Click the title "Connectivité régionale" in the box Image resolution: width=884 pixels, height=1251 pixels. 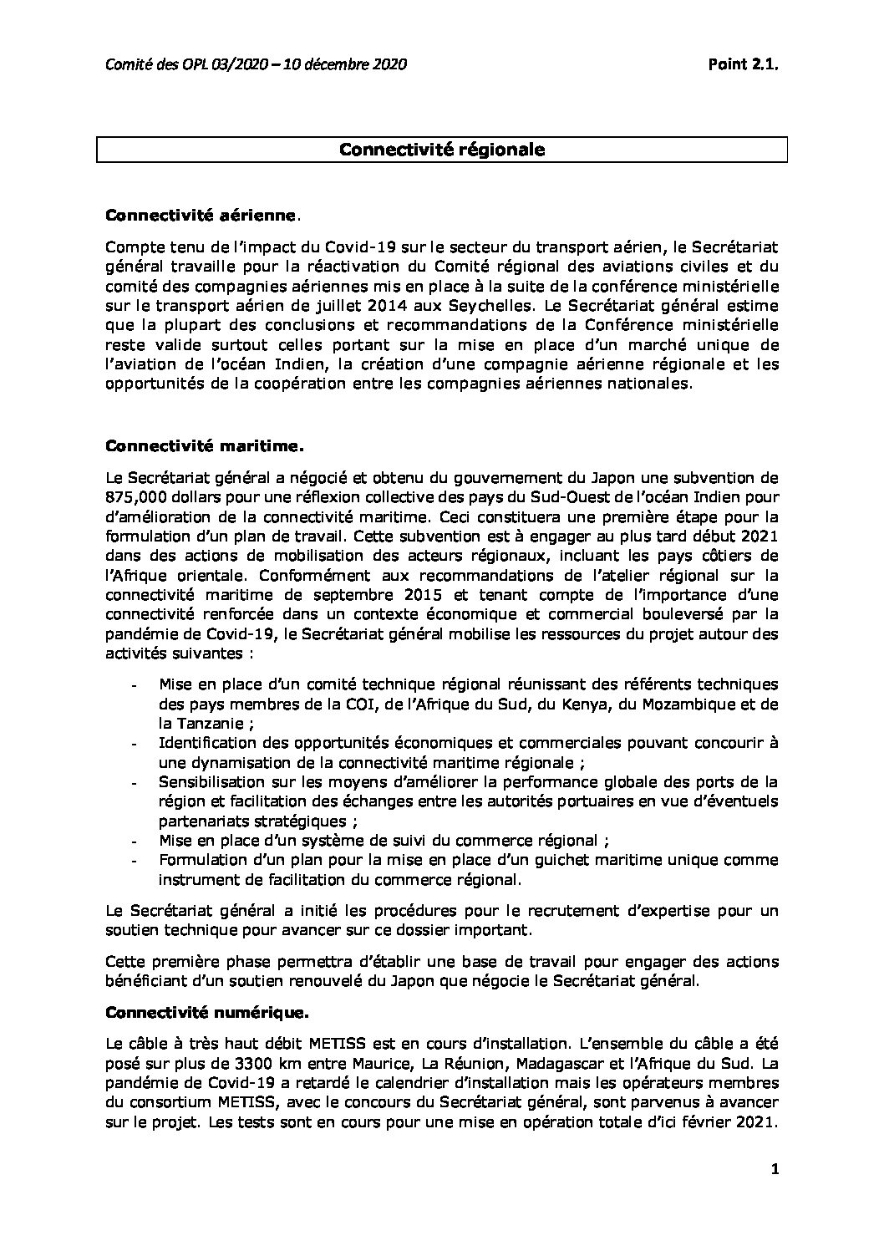(442, 150)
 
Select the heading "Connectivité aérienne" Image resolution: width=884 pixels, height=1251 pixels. (201, 216)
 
